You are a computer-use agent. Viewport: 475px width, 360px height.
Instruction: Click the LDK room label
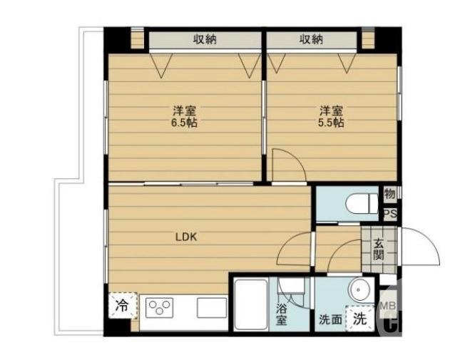186,237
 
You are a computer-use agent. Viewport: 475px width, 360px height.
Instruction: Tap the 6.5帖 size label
185,123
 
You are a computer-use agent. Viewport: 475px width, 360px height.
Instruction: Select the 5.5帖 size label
331,123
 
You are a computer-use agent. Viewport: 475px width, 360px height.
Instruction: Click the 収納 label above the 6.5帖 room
205,39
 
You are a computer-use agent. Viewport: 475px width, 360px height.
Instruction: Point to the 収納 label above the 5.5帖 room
312,39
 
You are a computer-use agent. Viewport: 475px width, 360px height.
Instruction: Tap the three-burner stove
159,308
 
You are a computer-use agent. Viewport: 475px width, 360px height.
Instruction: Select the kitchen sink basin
212,308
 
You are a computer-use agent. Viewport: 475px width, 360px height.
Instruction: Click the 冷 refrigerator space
123,306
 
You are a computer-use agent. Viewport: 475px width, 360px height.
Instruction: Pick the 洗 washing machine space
360,318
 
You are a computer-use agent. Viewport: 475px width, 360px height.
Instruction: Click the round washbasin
359,290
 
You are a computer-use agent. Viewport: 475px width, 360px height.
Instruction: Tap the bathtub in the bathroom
251,304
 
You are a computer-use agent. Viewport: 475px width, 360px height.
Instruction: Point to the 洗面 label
330,319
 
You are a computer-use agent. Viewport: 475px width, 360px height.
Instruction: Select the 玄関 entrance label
379,250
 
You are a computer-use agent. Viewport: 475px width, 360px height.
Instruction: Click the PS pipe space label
390,214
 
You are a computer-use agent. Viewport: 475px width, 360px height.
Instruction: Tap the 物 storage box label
390,193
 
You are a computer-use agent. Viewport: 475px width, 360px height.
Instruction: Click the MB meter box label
389,306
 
